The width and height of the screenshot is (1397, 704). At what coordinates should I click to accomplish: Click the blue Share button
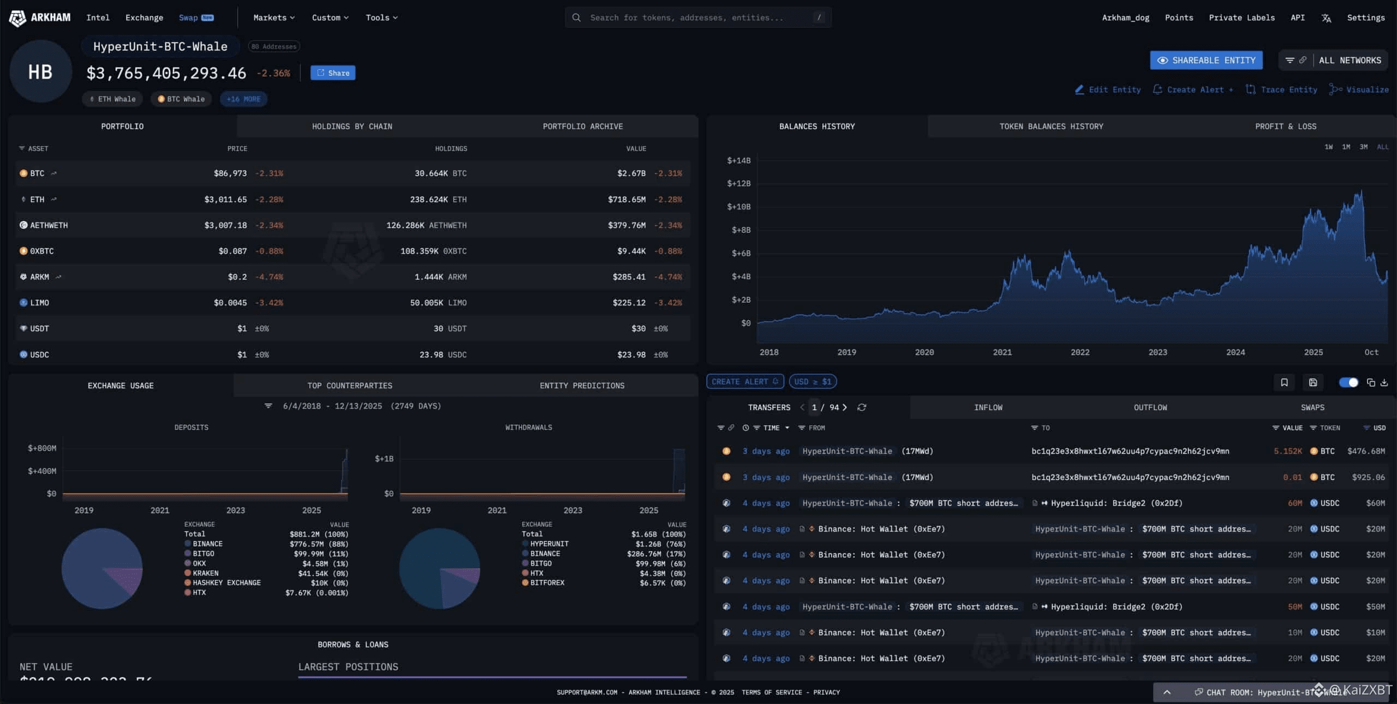pyautogui.click(x=333, y=73)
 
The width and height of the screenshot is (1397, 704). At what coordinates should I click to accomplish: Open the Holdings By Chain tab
pyautogui.click(x=352, y=127)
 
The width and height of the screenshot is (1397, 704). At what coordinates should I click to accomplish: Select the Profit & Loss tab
pyautogui.click(x=1285, y=127)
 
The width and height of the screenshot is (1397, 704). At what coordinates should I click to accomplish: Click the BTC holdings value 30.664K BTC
pyautogui.click(x=440, y=173)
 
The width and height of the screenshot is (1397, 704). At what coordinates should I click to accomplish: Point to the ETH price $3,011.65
pyautogui.click(x=225, y=200)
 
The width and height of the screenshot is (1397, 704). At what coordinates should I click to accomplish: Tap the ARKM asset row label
pyautogui.click(x=39, y=277)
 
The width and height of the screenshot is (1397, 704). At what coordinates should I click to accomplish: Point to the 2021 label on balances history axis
pyautogui.click(x=1002, y=352)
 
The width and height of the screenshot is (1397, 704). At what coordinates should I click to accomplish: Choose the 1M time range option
pyautogui.click(x=1346, y=147)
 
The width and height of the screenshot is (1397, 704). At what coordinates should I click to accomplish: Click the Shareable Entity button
pyautogui.click(x=1206, y=61)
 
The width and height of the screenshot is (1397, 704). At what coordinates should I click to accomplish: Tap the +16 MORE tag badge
pyautogui.click(x=243, y=99)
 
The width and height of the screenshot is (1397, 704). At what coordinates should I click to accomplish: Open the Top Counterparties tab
pyautogui.click(x=350, y=386)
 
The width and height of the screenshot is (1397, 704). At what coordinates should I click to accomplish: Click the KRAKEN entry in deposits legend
pyautogui.click(x=205, y=573)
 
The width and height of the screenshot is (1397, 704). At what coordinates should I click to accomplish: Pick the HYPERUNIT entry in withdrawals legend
pyautogui.click(x=549, y=544)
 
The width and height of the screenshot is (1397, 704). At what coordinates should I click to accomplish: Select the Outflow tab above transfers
pyautogui.click(x=1150, y=408)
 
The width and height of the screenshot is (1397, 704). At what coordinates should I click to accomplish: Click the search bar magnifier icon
pyautogui.click(x=576, y=18)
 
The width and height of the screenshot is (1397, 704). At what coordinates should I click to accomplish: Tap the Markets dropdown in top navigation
pyautogui.click(x=274, y=18)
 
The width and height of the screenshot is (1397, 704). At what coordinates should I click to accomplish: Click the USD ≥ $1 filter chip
pyautogui.click(x=813, y=382)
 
